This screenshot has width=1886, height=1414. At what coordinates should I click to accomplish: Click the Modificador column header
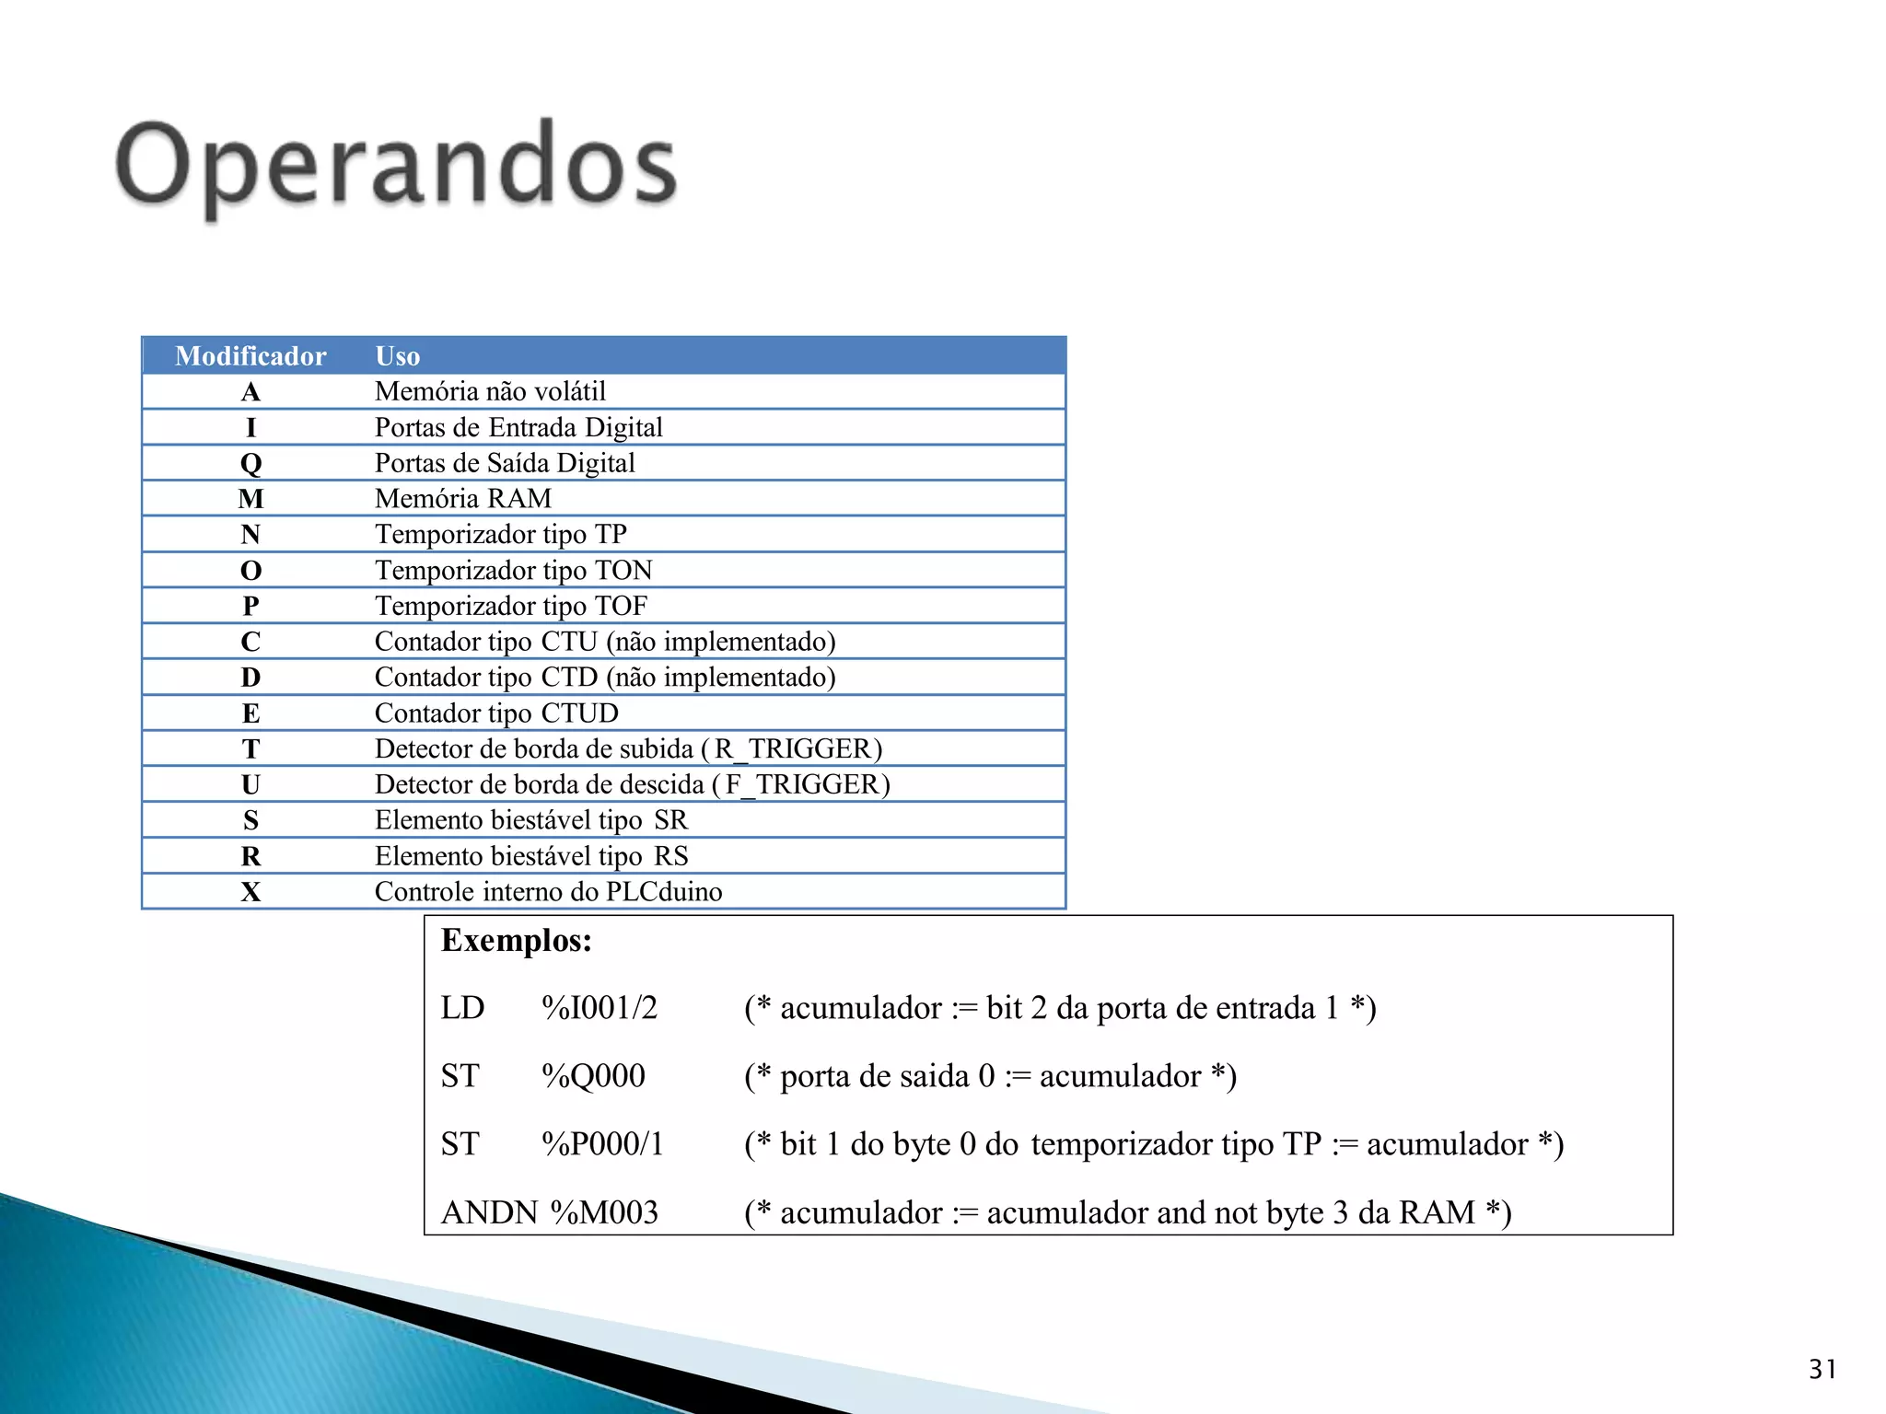[x=250, y=356]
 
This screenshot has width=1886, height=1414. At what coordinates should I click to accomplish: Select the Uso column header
[x=397, y=356]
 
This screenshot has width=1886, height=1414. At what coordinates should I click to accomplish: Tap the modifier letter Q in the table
[x=250, y=463]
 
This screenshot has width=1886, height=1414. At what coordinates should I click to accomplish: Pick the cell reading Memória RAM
[x=462, y=499]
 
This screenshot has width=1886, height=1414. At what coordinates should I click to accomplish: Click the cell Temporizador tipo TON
[x=513, y=571]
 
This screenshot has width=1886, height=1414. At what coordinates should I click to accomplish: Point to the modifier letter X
[x=250, y=892]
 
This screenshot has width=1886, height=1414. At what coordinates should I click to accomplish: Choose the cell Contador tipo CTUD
[x=496, y=713]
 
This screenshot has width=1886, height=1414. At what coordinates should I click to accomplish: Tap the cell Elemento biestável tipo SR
[x=530, y=820]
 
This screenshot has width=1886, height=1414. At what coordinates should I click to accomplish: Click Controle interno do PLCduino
[x=548, y=892]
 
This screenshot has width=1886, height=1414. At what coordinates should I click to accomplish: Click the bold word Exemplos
[x=516, y=941]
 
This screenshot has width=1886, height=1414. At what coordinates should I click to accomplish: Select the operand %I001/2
[x=600, y=1009]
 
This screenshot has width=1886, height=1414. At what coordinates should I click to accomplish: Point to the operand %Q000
[x=593, y=1076]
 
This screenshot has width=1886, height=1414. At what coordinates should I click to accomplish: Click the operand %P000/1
[x=602, y=1144]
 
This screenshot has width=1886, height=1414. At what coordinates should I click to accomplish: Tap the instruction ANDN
[x=489, y=1212]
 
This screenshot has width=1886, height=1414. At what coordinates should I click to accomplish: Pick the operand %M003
[x=604, y=1212]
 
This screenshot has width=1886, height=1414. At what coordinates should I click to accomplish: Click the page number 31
[x=1822, y=1369]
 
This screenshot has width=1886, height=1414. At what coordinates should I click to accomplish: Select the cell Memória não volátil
[x=490, y=392]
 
